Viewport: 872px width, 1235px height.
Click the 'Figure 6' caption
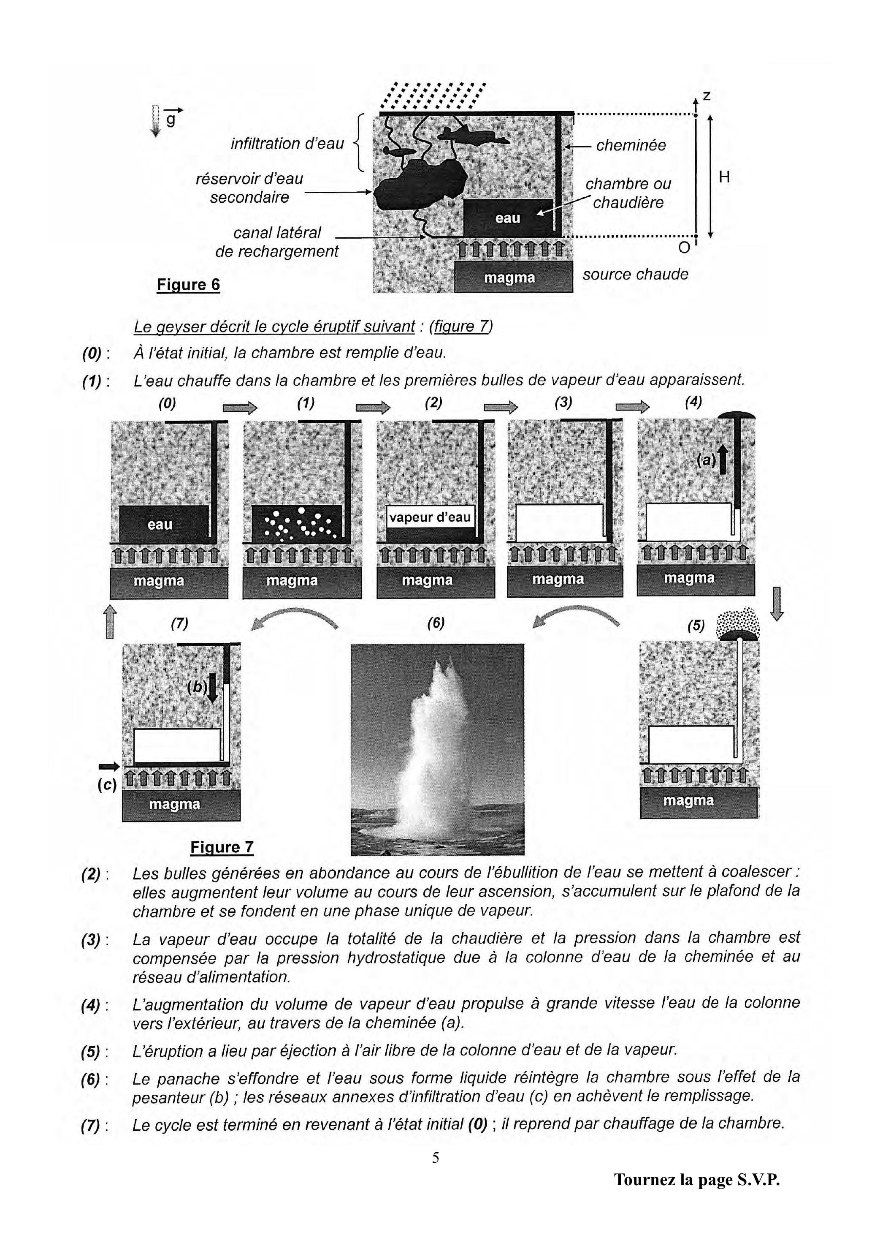point(188,285)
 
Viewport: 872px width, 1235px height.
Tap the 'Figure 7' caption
point(222,847)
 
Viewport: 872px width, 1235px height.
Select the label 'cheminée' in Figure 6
point(631,145)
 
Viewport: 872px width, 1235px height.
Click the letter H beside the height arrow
point(724,177)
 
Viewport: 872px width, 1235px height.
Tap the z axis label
point(707,96)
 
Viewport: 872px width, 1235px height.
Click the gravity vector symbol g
point(171,120)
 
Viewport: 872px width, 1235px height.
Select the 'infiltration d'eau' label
point(287,144)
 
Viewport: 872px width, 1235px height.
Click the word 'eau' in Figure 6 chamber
point(507,218)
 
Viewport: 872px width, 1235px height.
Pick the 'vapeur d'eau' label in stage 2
point(430,517)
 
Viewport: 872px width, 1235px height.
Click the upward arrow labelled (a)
point(723,460)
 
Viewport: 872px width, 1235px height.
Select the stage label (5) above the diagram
point(695,626)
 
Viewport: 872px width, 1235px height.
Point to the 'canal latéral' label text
point(277,233)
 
